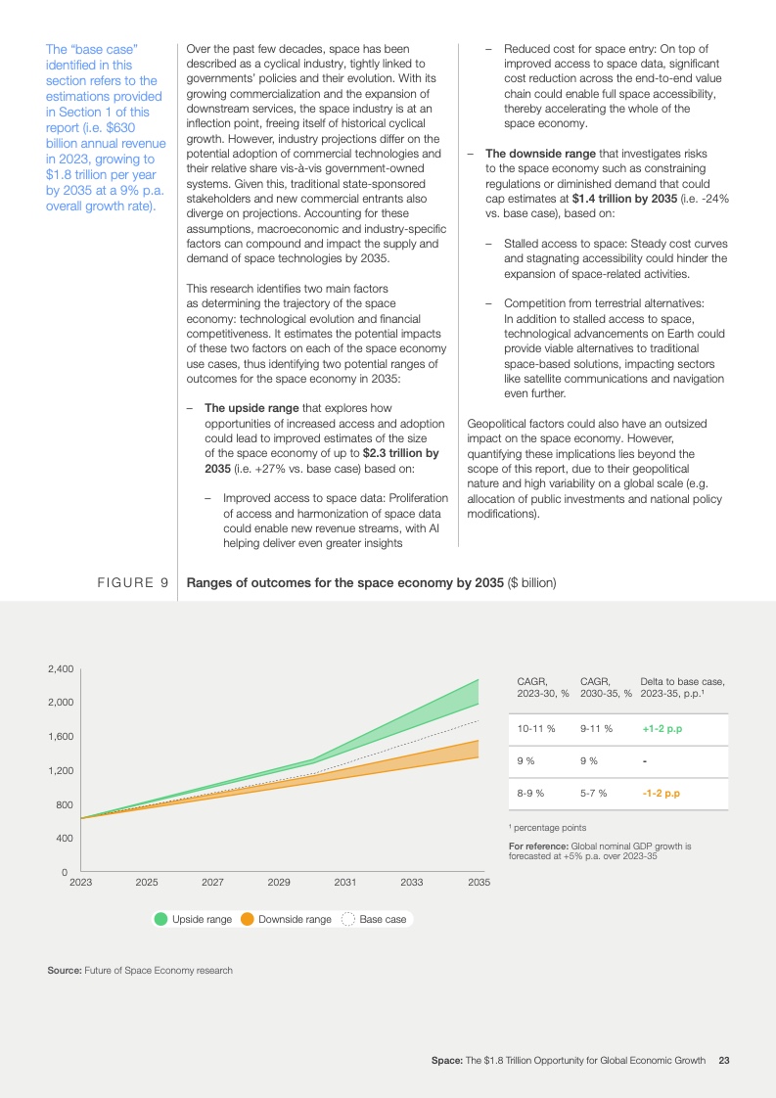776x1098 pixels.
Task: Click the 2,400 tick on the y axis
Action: coord(61,668)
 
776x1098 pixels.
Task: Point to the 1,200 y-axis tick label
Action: coord(61,770)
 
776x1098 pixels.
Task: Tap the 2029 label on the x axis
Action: coord(279,882)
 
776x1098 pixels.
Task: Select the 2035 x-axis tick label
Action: coord(479,882)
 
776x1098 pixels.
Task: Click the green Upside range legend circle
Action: coord(161,919)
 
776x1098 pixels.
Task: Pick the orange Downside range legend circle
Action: coord(248,919)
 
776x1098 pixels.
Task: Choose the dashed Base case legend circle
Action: coord(348,919)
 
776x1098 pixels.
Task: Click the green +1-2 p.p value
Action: coord(662,729)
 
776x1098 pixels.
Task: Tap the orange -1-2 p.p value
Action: coord(661,793)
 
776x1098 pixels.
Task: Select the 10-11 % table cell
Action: coord(536,729)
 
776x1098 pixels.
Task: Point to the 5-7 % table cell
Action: coord(593,793)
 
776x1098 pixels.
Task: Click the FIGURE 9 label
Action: coord(131,583)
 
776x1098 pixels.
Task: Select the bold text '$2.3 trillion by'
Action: coord(400,453)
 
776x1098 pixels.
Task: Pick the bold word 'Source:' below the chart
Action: coord(65,970)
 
